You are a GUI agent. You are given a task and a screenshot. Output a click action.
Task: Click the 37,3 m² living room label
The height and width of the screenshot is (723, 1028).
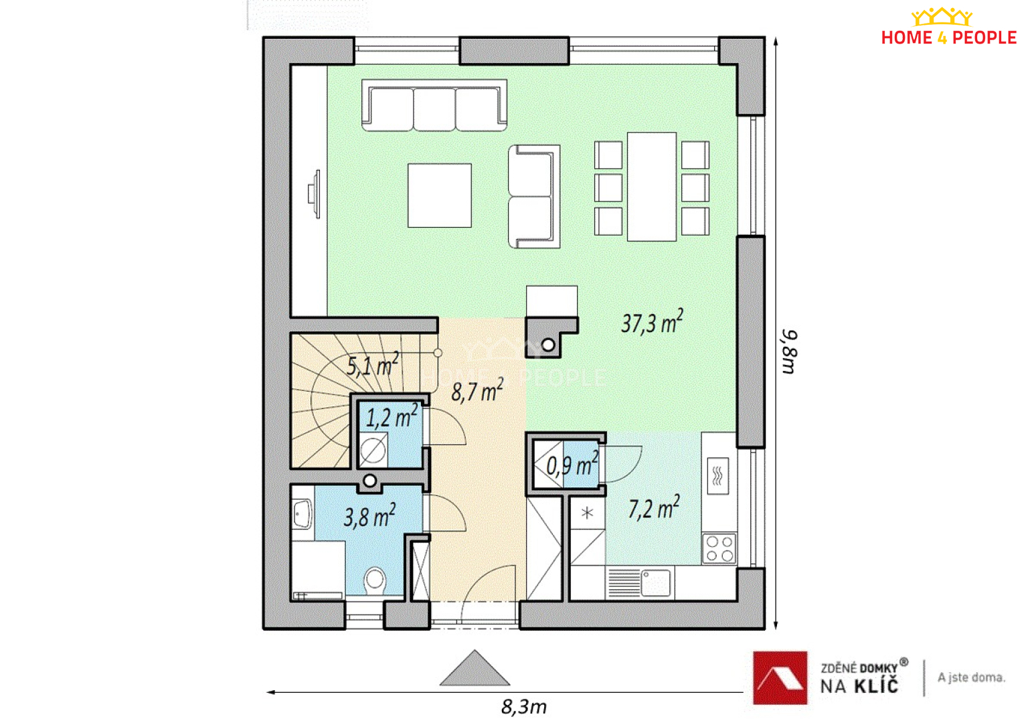coord(652,321)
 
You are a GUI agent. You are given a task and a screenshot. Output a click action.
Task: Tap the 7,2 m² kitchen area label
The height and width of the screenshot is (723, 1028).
coord(654,507)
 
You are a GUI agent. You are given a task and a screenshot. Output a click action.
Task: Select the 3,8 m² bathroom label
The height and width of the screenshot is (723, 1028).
coord(370,515)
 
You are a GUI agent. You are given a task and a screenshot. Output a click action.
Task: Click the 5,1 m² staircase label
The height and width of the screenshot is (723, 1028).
coord(373,364)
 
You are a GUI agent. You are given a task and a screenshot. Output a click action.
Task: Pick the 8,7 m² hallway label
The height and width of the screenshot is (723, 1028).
coord(477,391)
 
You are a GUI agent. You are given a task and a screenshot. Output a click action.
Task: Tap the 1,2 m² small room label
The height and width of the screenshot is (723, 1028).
coord(392,416)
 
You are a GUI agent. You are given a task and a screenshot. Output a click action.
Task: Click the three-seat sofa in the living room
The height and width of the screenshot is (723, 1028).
coord(434,105)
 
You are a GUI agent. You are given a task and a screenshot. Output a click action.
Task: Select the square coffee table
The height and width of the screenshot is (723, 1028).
coord(440,195)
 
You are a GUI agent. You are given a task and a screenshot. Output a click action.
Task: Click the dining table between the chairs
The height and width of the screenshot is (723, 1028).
coord(652,187)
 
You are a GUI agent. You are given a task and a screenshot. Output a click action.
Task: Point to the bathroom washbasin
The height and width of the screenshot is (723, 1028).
coord(303,513)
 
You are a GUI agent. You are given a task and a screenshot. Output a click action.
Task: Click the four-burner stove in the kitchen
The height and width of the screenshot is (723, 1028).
coord(719,548)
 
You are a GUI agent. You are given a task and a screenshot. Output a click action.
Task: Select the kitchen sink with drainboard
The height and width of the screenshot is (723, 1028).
coord(638,583)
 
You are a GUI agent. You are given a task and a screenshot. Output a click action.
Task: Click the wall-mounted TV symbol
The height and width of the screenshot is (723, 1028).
coord(315,194)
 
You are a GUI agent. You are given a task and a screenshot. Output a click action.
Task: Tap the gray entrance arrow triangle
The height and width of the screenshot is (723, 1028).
coord(475,668)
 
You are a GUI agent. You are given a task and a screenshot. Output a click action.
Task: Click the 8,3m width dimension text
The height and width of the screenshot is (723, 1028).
coord(524,708)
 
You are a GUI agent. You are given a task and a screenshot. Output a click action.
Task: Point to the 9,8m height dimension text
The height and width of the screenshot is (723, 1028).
coord(790,351)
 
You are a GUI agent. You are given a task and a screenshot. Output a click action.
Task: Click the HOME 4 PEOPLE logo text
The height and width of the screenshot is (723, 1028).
coord(948,37)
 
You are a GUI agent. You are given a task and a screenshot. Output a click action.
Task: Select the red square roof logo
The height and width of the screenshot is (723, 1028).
coord(780,677)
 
